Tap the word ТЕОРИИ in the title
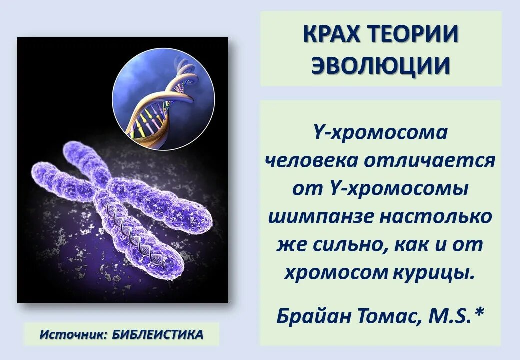pyautogui.click(x=416, y=34)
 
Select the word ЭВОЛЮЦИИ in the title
pyautogui.click(x=381, y=65)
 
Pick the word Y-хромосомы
pyautogui.click(x=398, y=189)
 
